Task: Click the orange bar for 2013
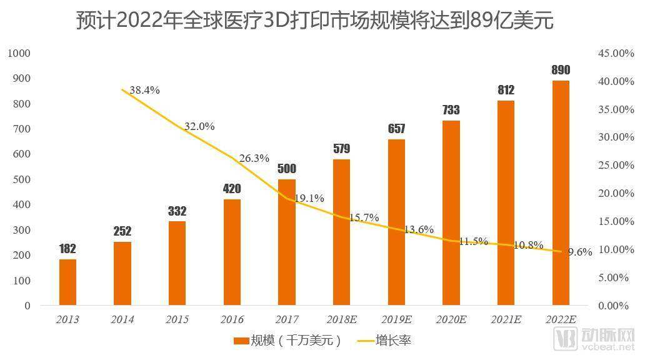tap(67, 282)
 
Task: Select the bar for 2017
tap(287, 242)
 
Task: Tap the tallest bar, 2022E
tap(561, 193)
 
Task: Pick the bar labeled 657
tap(396, 222)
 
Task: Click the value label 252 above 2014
tap(122, 231)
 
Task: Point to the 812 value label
tap(506, 90)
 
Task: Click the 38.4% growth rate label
tap(144, 90)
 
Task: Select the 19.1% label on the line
tap(309, 198)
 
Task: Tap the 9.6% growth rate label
tap(580, 252)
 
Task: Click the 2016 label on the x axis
tap(232, 319)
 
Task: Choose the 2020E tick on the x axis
tap(451, 319)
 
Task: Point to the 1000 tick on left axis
tap(19, 53)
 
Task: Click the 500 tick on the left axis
tap(22, 179)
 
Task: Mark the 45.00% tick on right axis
tap(616, 53)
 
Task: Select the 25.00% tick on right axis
tap(616, 165)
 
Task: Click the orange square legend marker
tap(241, 341)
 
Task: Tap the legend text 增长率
tap(393, 341)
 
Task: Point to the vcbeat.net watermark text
tap(609, 347)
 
